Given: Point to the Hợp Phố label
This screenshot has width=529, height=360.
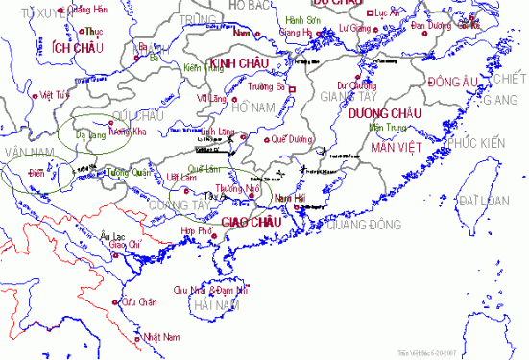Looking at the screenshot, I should [197, 231].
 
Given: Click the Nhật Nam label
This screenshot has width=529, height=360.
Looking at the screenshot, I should [161, 337].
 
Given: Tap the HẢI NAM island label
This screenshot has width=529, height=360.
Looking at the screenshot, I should [217, 304].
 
